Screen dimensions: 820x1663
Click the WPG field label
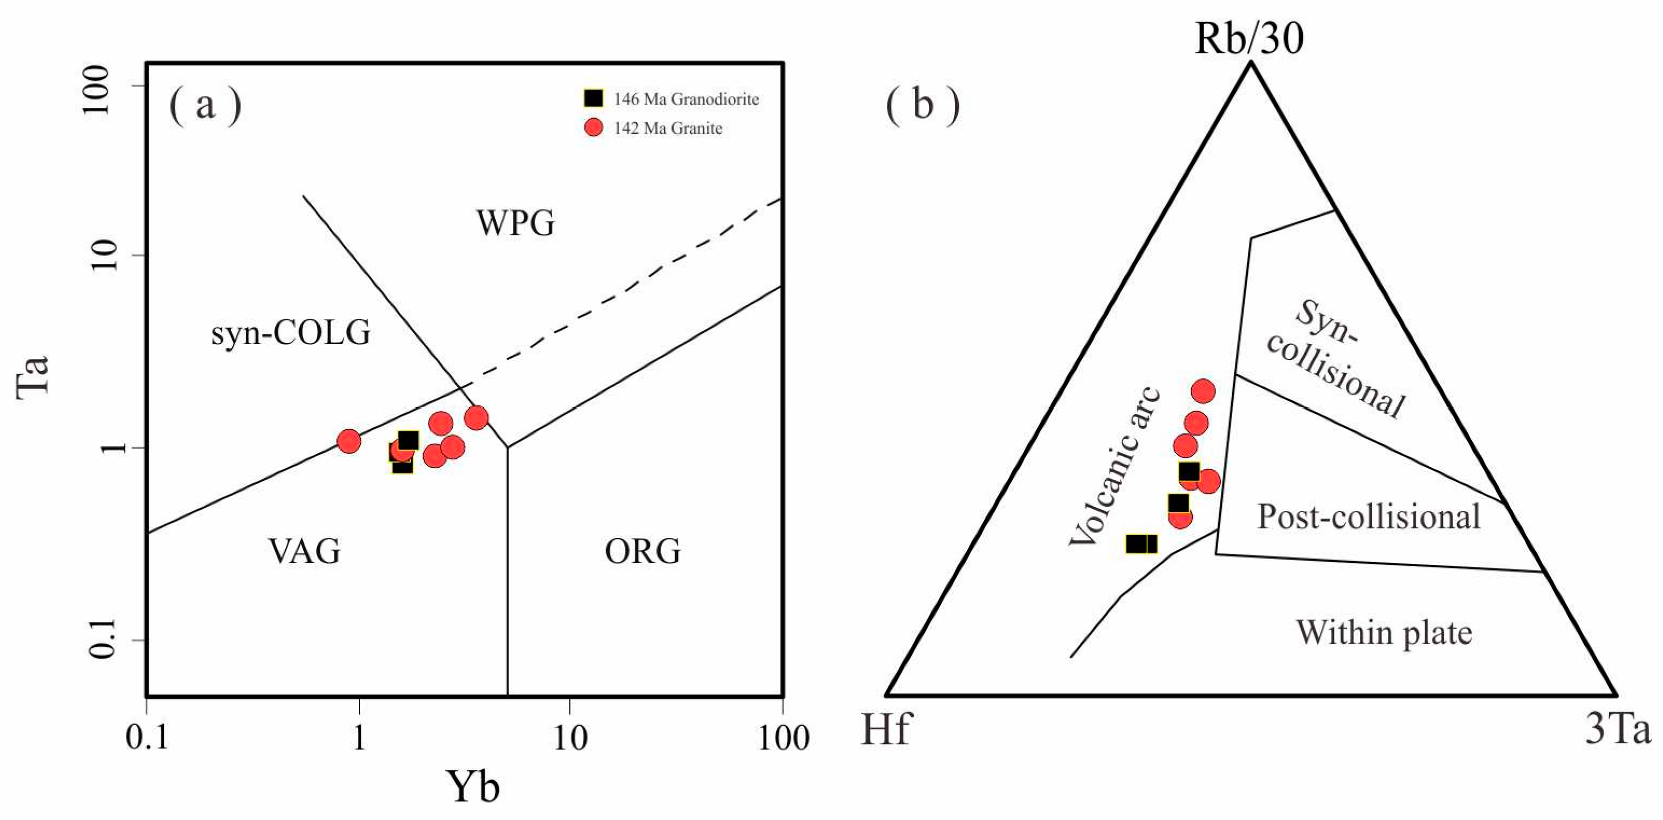click(515, 223)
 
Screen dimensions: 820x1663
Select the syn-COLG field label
click(291, 333)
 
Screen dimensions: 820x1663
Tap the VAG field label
click(304, 552)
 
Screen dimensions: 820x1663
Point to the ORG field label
click(642, 552)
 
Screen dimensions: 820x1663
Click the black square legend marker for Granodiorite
click(593, 98)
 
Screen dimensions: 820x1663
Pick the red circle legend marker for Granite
click(593, 128)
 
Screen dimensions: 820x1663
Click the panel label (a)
click(205, 105)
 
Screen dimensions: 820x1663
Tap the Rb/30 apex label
click(1249, 39)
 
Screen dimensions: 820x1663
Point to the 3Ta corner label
click(1618, 729)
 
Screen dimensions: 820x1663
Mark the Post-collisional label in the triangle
click(1369, 517)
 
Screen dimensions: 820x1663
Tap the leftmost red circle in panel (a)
click(348, 442)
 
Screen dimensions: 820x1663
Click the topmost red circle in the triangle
click(1202, 391)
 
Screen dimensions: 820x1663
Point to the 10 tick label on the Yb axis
click(570, 738)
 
